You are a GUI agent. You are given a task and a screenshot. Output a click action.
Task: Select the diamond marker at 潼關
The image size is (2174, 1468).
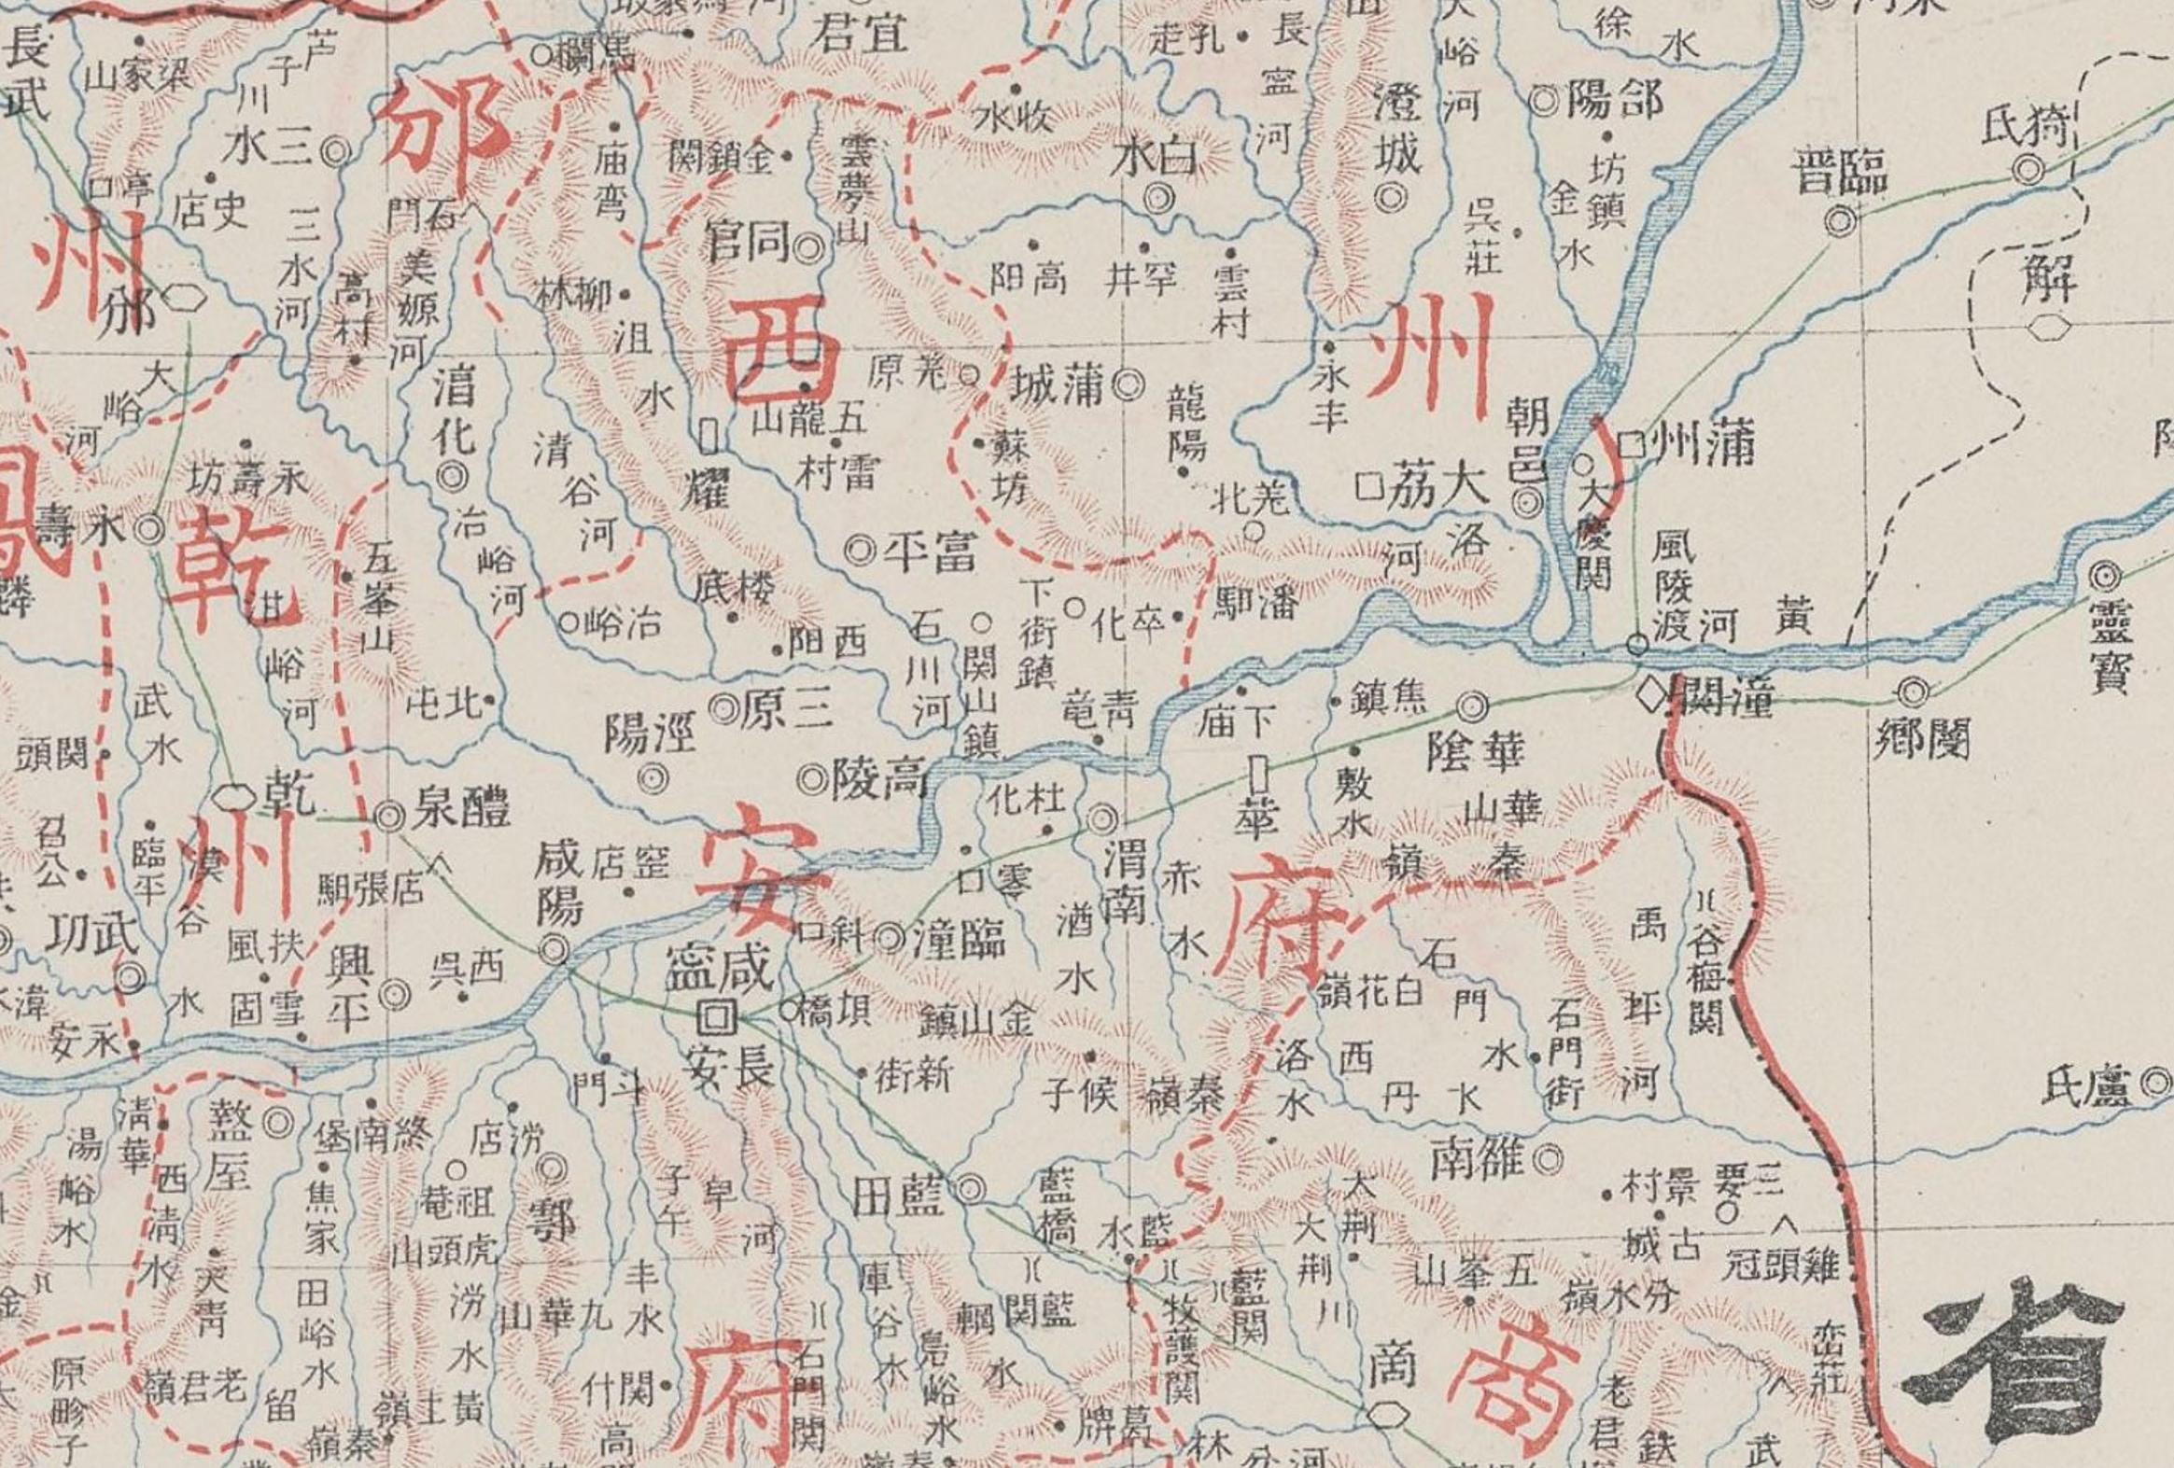(1657, 694)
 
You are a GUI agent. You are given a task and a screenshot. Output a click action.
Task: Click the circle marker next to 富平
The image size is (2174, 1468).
(858, 551)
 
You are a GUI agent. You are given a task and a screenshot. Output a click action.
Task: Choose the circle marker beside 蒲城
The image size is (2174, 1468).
(1129, 383)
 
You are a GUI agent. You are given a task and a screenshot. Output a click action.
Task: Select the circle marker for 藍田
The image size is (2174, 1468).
(970, 1187)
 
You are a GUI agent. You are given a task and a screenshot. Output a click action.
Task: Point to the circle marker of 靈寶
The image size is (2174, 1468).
(2106, 577)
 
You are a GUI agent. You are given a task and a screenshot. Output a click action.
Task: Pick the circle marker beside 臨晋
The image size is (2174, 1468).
(1840, 220)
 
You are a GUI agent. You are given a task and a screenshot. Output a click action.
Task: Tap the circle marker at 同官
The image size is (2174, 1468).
(808, 248)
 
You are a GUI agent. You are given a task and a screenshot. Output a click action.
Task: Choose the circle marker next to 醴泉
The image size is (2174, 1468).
(389, 817)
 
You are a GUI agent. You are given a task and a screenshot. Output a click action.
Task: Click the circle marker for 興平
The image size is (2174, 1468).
(396, 996)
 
